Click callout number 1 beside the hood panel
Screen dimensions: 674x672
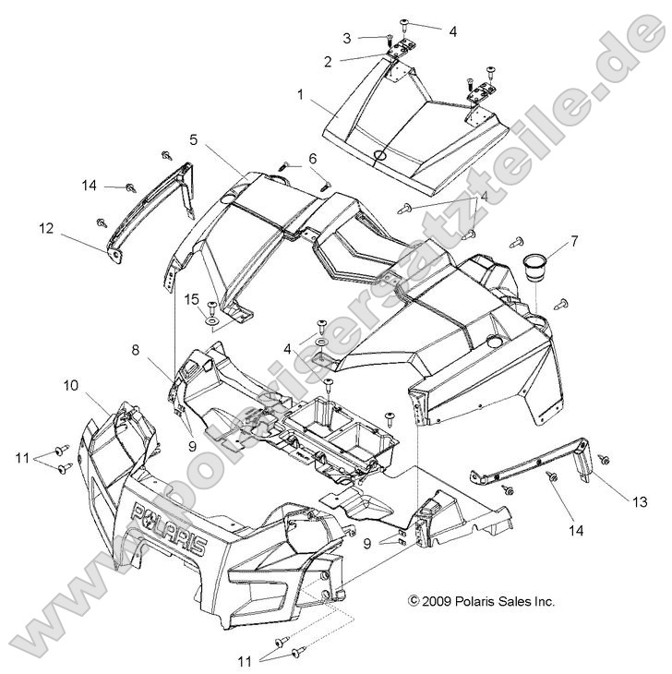click(300, 94)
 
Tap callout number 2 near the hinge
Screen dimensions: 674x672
click(327, 61)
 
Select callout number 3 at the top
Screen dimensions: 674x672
click(346, 38)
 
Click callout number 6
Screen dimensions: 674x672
click(312, 157)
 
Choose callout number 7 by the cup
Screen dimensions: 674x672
click(574, 242)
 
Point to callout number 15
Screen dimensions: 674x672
click(192, 299)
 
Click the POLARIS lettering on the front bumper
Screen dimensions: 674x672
click(170, 527)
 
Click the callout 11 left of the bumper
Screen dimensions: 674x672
click(21, 457)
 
